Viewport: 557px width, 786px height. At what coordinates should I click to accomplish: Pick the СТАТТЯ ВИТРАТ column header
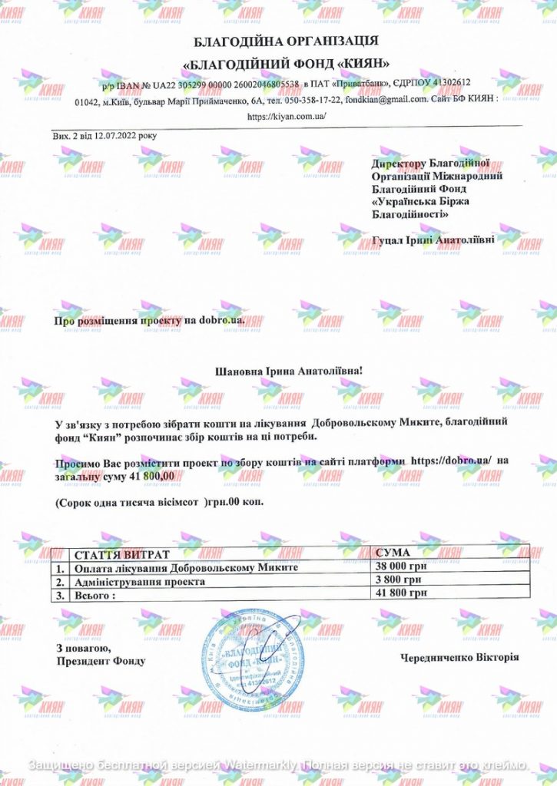point(119,554)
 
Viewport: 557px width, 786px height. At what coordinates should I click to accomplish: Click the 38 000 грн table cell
point(400,567)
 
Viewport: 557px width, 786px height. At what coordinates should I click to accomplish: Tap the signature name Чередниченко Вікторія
point(459,658)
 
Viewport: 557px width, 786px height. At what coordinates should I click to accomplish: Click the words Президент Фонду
point(100,661)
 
